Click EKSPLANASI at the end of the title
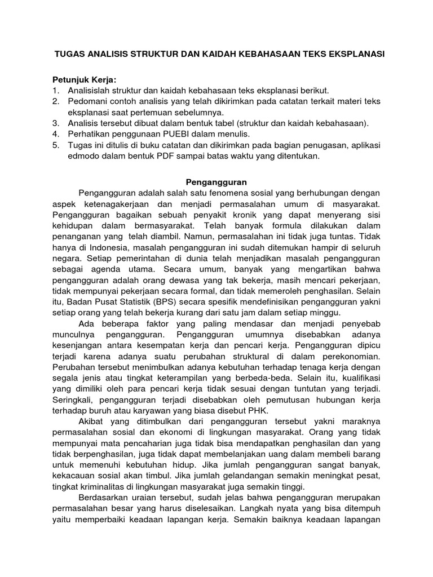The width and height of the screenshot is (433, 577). [x=355, y=55]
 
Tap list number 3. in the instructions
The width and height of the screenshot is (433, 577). [x=56, y=123]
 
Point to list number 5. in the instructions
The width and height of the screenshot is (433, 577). [x=56, y=145]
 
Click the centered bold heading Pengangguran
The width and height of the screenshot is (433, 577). [x=216, y=183]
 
